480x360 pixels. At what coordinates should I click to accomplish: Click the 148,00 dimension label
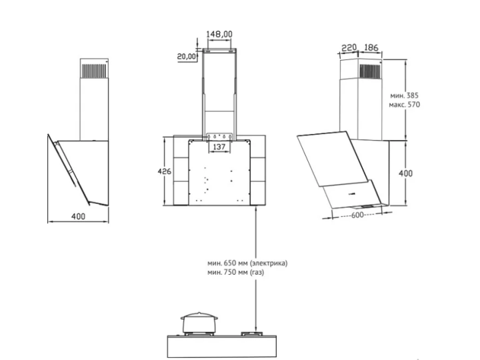pyautogui.click(x=219, y=34)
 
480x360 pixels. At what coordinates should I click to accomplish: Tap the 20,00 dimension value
pyautogui.click(x=186, y=56)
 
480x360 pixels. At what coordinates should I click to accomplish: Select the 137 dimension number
pyautogui.click(x=219, y=147)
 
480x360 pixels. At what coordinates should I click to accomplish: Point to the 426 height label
pyautogui.click(x=165, y=171)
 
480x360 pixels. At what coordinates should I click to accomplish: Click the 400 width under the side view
pyautogui.click(x=78, y=217)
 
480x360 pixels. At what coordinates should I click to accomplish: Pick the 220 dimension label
pyautogui.click(x=349, y=48)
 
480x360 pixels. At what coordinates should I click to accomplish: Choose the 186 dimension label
pyautogui.click(x=371, y=48)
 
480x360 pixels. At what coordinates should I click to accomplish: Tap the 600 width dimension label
pyautogui.click(x=357, y=215)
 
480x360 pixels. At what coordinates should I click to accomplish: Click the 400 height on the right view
pyautogui.click(x=405, y=173)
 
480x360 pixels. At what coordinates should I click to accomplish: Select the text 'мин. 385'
pyautogui.click(x=404, y=95)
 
